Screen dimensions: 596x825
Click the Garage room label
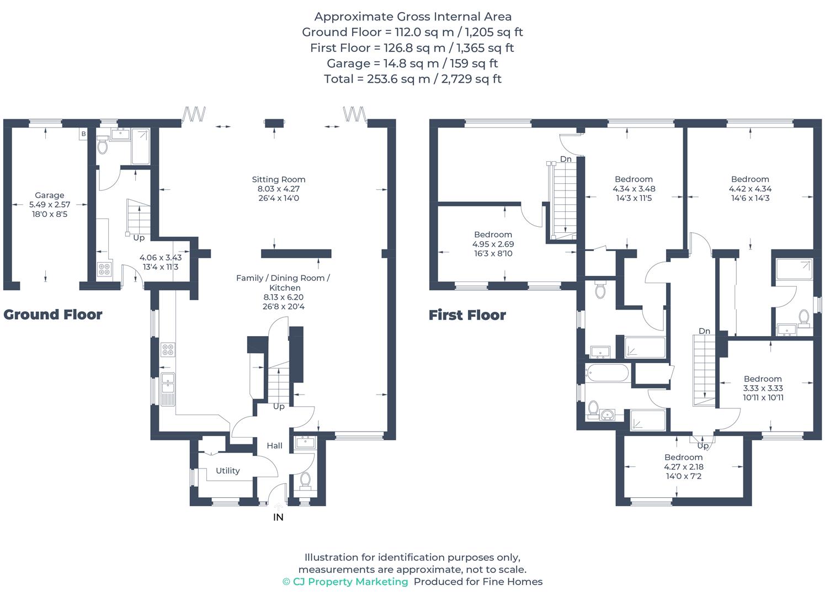(x=49, y=195)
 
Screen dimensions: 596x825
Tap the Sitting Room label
(x=278, y=179)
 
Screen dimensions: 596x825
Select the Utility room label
(x=227, y=471)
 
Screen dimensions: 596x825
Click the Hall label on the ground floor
(x=274, y=446)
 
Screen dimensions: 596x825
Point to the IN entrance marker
(x=278, y=517)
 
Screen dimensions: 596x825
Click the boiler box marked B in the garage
(x=83, y=134)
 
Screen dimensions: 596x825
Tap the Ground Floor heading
(x=53, y=315)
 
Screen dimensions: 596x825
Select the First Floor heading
(x=467, y=315)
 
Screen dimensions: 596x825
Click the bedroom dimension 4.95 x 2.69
(x=493, y=244)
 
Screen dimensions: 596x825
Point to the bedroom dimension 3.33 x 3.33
(x=762, y=388)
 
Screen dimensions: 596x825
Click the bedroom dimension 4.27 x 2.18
(x=683, y=466)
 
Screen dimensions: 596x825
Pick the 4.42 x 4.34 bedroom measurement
(x=749, y=189)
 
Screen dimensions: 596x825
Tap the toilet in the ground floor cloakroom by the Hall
(x=305, y=480)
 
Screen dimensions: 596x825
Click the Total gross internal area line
(x=412, y=79)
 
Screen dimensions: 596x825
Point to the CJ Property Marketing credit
(x=345, y=582)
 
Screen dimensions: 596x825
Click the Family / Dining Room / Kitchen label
(x=283, y=283)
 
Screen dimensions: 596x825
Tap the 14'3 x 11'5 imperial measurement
(x=634, y=198)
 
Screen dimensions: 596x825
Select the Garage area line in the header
(x=412, y=63)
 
